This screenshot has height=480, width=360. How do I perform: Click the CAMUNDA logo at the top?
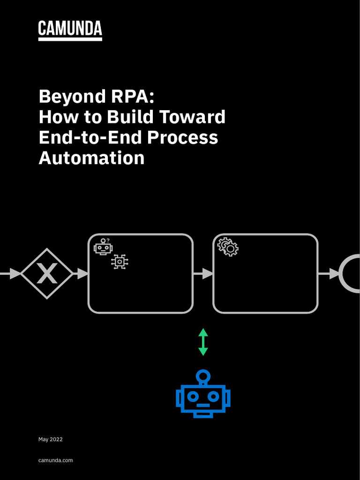pos(70,30)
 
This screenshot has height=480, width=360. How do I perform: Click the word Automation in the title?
pos(91,158)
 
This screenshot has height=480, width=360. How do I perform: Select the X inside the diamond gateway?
pos(47,274)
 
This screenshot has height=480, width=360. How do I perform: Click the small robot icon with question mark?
pos(103,247)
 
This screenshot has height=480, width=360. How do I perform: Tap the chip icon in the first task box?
pos(120,262)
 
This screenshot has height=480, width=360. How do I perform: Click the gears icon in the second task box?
pos(228,247)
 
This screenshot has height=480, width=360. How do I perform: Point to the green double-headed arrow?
pos(203,342)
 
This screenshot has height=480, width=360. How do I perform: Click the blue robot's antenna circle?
pos(203,375)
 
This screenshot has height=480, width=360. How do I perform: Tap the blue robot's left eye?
pos(193,396)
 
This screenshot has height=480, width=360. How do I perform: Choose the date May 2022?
pos(50,439)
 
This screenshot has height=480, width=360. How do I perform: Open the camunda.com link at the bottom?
pos(55,460)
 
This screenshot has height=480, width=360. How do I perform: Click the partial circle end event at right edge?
pos(351,274)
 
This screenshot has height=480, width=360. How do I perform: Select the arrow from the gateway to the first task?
pos(81,274)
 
